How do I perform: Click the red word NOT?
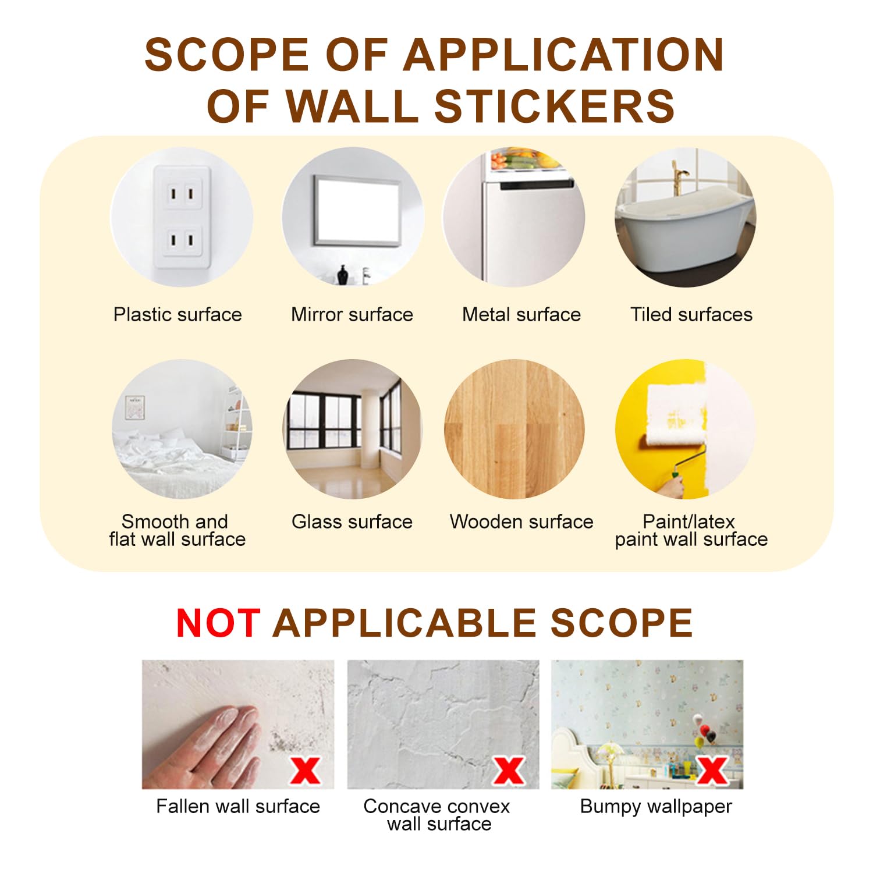click(x=218, y=623)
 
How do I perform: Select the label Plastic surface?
click(x=178, y=314)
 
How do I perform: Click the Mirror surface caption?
click(x=352, y=314)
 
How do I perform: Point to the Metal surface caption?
click(x=521, y=314)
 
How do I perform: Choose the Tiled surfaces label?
click(x=691, y=314)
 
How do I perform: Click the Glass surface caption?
click(x=352, y=521)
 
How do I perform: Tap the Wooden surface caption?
click(x=521, y=521)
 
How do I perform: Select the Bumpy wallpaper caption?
click(x=656, y=807)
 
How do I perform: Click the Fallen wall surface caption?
click(x=238, y=806)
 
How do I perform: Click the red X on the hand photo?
click(x=306, y=770)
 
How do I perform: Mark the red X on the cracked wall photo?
click(x=509, y=770)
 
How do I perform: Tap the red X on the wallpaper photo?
click(x=712, y=770)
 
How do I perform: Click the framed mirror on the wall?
click(x=357, y=211)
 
